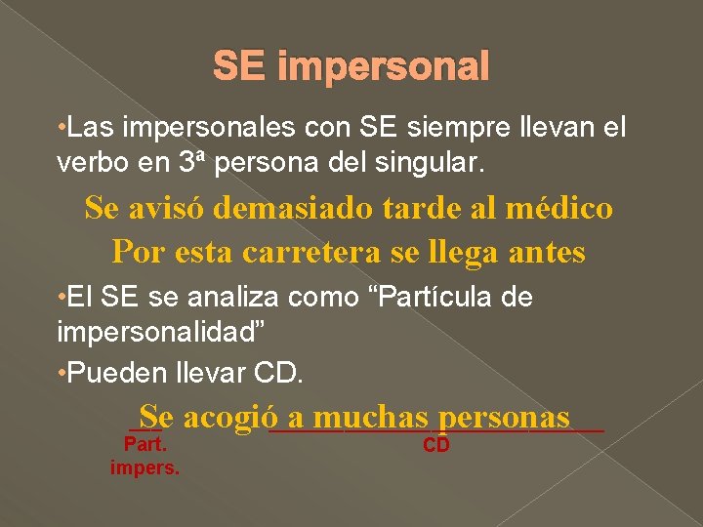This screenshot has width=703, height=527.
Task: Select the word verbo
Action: tap(88, 162)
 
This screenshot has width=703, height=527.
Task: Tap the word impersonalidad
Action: tap(156, 331)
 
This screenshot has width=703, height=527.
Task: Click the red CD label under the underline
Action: tap(436, 446)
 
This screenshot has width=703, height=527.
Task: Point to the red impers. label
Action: tap(145, 467)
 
